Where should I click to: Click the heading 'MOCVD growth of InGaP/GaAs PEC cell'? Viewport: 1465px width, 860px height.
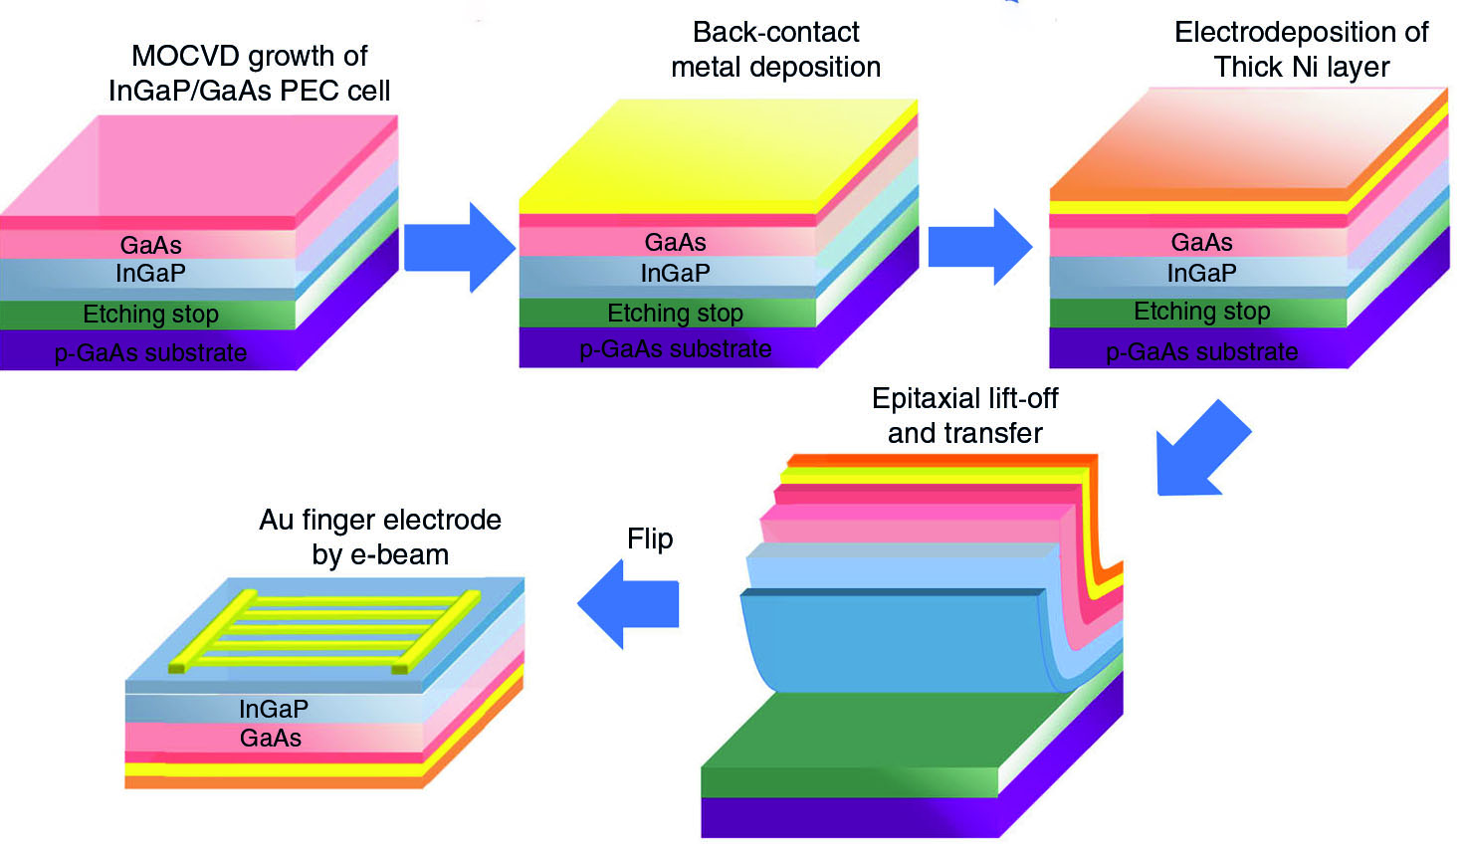[x=249, y=73]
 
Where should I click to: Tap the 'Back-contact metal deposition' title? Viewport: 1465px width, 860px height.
[x=775, y=50]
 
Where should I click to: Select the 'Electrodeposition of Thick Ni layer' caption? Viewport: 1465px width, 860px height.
[x=1301, y=50]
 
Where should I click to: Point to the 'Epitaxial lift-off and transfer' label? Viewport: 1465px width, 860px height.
[x=964, y=416]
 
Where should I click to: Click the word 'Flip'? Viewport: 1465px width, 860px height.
[x=650, y=538]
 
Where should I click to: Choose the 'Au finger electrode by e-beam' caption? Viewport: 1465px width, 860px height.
[x=380, y=537]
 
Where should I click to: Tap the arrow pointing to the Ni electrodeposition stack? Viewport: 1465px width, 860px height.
[x=979, y=247]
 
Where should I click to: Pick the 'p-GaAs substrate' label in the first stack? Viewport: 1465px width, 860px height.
[x=150, y=353]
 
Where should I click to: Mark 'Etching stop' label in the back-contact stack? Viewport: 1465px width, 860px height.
[x=675, y=314]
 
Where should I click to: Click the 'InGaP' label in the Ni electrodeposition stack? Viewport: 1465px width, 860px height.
[x=1201, y=273]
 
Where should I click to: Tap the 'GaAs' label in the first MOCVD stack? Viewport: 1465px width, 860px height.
[x=150, y=245]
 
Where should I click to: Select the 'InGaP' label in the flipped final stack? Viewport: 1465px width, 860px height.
[x=273, y=709]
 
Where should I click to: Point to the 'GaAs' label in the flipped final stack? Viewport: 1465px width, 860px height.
[x=270, y=738]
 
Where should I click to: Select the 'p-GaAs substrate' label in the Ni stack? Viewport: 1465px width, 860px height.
[x=1201, y=352]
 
